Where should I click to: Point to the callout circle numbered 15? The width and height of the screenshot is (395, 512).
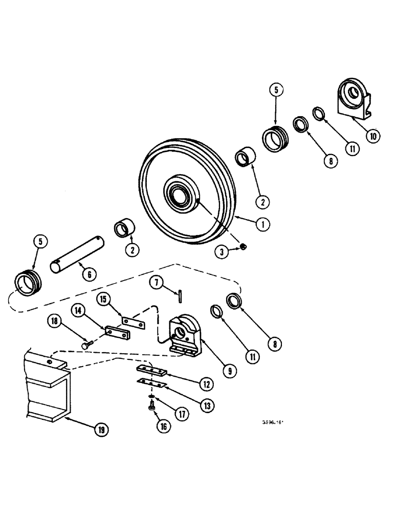[104, 297]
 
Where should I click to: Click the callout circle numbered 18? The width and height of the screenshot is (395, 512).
[55, 322]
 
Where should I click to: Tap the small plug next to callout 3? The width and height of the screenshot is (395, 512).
[245, 248]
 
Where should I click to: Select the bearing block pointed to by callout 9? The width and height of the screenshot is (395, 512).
[184, 335]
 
